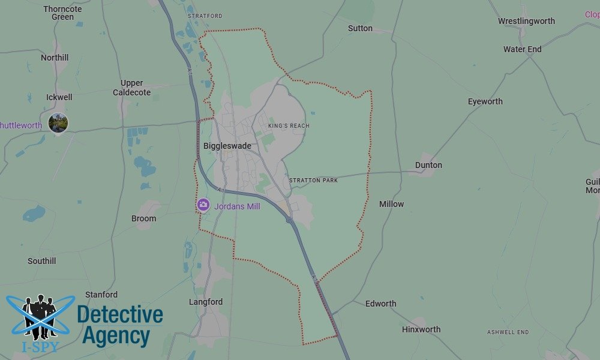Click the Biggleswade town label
click(227, 146)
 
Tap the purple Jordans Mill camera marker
click(203, 205)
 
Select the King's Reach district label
click(289, 126)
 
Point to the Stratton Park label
click(313, 180)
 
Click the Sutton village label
click(360, 28)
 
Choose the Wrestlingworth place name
click(526, 21)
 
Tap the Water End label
click(522, 49)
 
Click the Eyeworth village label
click(485, 101)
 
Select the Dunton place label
click(428, 165)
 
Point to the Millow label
click(391, 204)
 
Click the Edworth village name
click(380, 304)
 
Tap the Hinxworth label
click(421, 329)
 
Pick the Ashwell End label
click(508, 332)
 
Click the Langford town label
click(206, 302)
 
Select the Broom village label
click(143, 218)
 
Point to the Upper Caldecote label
click(131, 88)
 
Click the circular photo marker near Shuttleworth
click(58, 123)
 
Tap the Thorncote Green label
click(62, 13)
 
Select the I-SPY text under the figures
click(40, 347)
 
